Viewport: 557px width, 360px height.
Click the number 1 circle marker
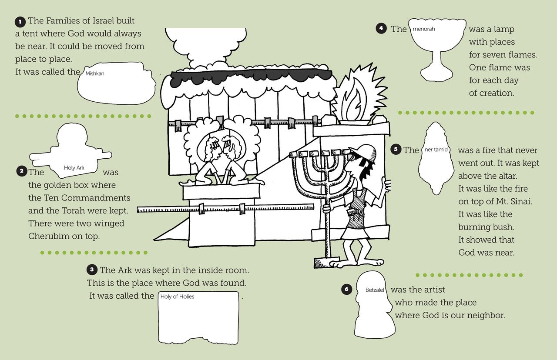click(x=20, y=21)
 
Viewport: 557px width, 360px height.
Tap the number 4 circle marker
click(x=381, y=29)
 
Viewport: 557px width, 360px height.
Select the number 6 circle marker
click(x=346, y=290)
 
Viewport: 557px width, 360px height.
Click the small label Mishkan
click(x=95, y=74)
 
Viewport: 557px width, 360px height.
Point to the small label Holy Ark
click(x=74, y=168)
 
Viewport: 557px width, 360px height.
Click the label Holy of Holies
click(x=177, y=297)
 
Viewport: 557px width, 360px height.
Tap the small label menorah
click(x=424, y=30)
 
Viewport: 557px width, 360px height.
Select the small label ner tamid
click(x=436, y=150)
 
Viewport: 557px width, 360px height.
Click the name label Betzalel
click(x=375, y=290)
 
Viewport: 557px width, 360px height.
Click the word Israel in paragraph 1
click(x=122, y=21)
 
